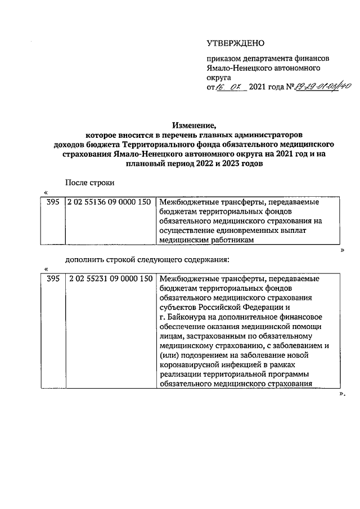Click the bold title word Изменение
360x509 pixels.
tap(193, 125)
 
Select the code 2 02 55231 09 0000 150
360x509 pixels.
tap(110, 278)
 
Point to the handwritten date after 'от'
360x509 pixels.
tap(232, 88)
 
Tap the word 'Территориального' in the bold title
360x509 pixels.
tap(159, 145)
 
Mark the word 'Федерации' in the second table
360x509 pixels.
tap(271, 307)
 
